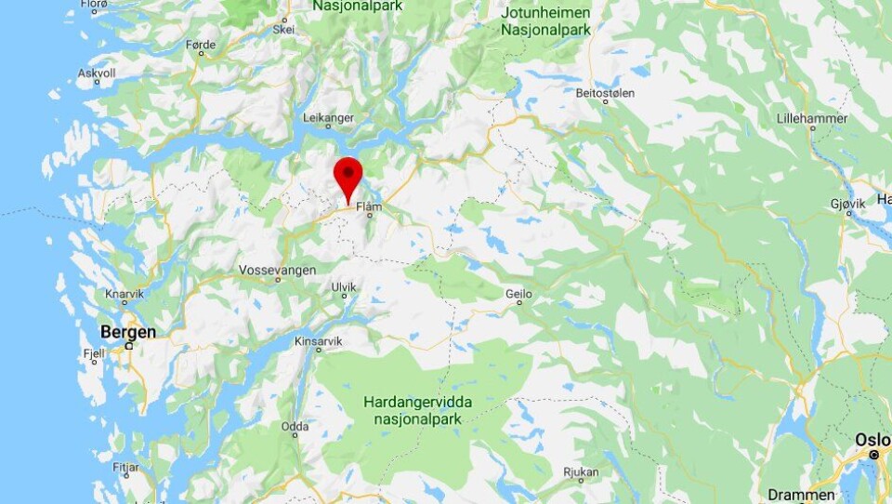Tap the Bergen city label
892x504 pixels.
coord(127,332)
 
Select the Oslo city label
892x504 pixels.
coord(873,439)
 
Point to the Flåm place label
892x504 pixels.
coord(369,206)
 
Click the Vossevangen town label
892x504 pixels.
coord(277,270)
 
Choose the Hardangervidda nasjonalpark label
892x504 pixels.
coord(417,410)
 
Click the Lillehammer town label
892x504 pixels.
coord(812,118)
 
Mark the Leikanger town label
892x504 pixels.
coord(329,117)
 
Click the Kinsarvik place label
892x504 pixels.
coord(318,341)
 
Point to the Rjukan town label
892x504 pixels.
coord(581,472)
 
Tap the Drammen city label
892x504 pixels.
coord(801,494)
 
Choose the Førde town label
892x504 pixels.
coord(201,45)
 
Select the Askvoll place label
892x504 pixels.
coord(97,72)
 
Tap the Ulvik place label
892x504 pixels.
coord(344,287)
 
